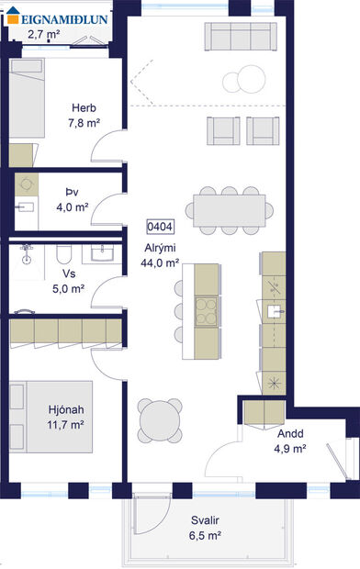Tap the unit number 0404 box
coord(161,226)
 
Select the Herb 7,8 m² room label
coord(84,115)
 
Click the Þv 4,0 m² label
coord(72,199)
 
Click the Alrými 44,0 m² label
coord(160,255)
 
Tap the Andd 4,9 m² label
coord(290,441)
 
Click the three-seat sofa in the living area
coord(240,37)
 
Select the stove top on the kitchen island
coord(207,307)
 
